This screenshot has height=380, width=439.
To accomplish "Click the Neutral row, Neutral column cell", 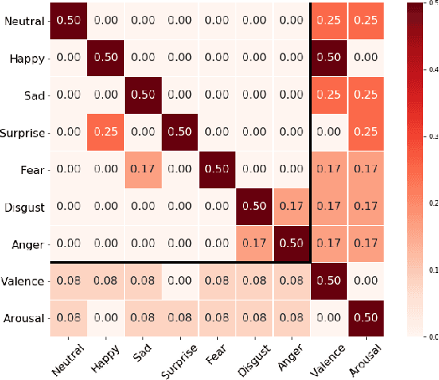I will point(70,22).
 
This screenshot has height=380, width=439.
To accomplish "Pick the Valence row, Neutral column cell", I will point(70,280).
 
